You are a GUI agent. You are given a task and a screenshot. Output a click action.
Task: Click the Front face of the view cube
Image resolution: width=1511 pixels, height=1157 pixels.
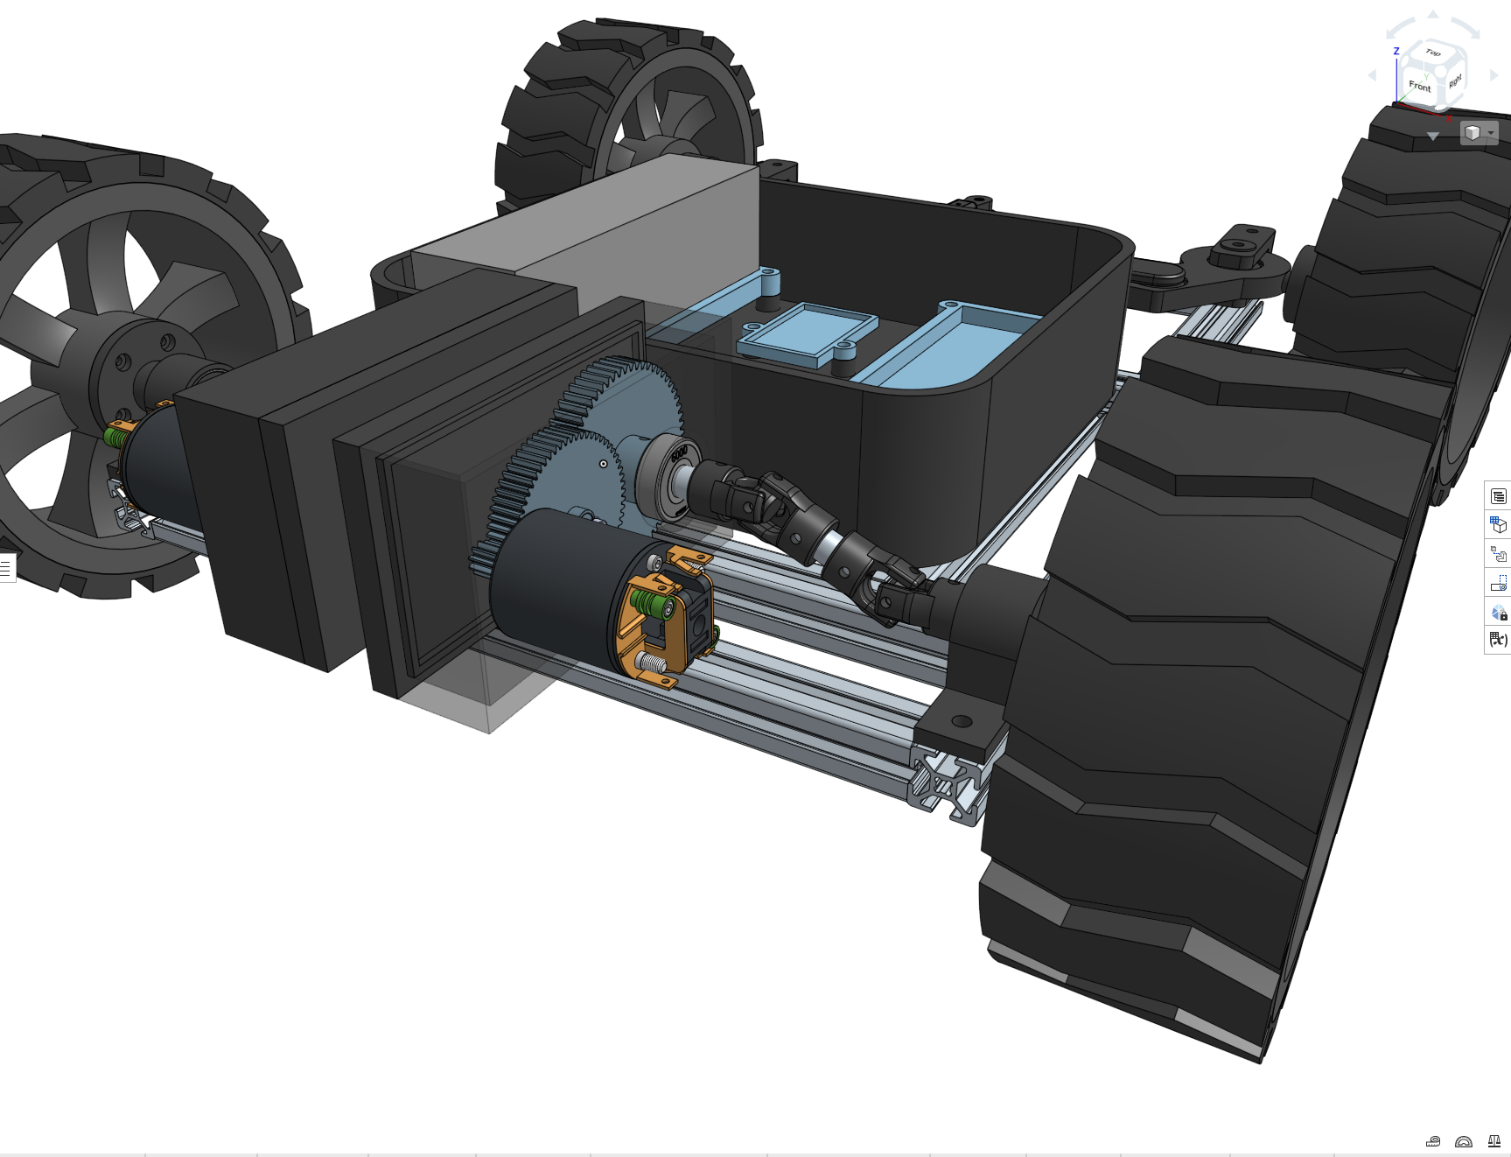pyautogui.click(x=1419, y=87)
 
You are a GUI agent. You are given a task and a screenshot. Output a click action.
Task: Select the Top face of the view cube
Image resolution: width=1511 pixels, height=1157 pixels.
pyautogui.click(x=1432, y=54)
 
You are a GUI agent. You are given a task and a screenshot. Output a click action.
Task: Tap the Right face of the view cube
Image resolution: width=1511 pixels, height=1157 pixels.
pyautogui.click(x=1454, y=81)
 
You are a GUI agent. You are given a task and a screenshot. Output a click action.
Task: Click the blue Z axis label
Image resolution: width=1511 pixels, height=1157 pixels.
pyautogui.click(x=1396, y=52)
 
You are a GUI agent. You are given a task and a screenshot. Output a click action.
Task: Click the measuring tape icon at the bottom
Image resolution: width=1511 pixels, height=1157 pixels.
pyautogui.click(x=1433, y=1141)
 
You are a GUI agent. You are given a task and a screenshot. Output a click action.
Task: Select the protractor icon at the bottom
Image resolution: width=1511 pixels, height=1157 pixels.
pyautogui.click(x=1464, y=1141)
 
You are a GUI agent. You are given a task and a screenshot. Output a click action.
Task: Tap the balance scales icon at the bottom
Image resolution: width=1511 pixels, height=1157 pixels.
pyautogui.click(x=1494, y=1141)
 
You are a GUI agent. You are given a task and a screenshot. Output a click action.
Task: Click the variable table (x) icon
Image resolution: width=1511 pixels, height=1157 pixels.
pyautogui.click(x=1498, y=640)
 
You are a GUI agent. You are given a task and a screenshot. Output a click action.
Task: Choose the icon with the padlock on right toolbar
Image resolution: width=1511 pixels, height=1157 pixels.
pyautogui.click(x=1498, y=612)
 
